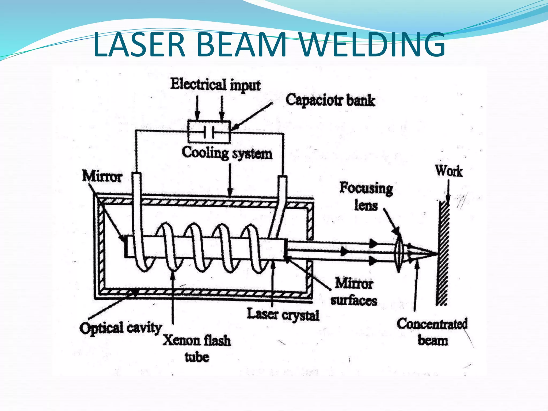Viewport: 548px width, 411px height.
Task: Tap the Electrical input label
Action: coord(215,85)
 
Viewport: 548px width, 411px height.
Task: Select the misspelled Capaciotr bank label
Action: coord(330,100)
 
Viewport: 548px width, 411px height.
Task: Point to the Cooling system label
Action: coord(227,153)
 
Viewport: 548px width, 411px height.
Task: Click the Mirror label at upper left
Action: coord(102,176)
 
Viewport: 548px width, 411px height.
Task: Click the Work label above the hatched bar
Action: coord(449,171)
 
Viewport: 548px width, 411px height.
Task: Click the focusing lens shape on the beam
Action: coord(399,253)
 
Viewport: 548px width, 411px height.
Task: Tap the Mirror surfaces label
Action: coord(354,292)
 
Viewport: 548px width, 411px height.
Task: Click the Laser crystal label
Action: coord(283,314)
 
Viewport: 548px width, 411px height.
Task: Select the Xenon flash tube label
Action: coord(197,348)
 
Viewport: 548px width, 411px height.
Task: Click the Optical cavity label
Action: coord(120,328)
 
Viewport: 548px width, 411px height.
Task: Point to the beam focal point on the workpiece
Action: coord(437,253)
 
